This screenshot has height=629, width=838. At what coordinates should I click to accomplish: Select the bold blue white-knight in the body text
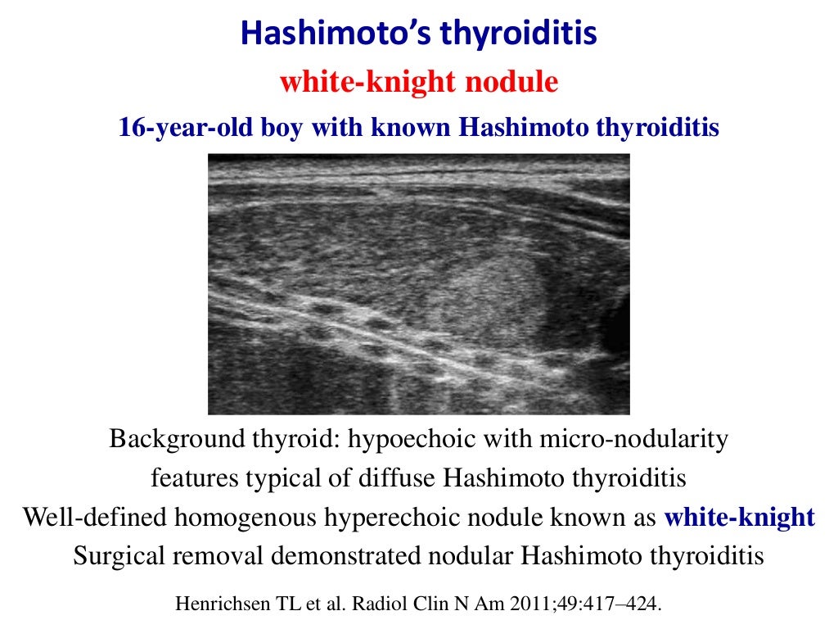739,518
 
